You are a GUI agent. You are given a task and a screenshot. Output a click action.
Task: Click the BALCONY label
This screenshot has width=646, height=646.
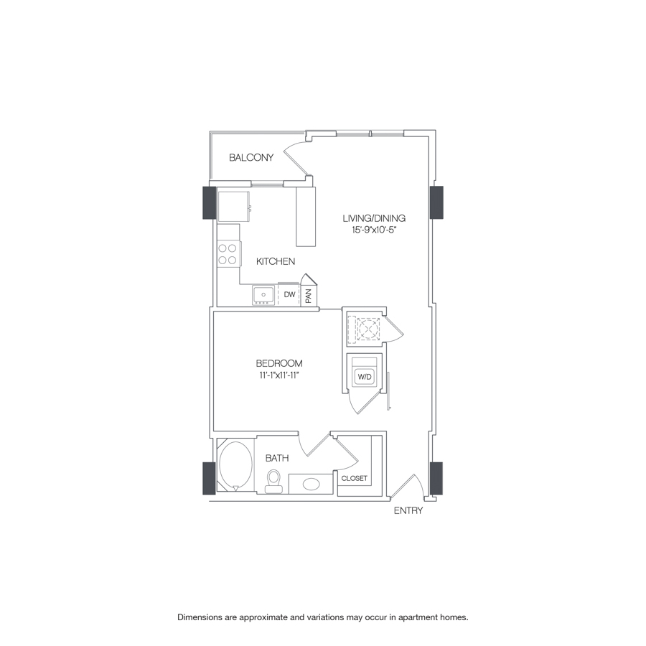pyautogui.click(x=251, y=157)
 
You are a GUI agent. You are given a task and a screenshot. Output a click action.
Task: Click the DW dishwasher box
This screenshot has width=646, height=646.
pyautogui.click(x=289, y=294)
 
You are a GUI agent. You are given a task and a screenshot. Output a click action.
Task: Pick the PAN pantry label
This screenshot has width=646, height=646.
pyautogui.click(x=308, y=295)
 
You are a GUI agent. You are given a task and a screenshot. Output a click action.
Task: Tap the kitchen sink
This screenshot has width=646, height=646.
pyautogui.click(x=263, y=294)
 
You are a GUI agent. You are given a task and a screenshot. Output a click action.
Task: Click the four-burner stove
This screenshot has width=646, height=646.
pyautogui.click(x=228, y=254)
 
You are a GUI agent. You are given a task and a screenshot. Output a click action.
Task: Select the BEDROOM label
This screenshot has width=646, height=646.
pyautogui.click(x=279, y=363)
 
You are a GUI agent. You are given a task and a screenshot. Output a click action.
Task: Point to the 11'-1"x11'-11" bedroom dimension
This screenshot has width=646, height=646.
pyautogui.click(x=280, y=375)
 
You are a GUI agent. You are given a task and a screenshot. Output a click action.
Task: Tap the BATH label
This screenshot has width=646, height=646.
pyautogui.click(x=276, y=457)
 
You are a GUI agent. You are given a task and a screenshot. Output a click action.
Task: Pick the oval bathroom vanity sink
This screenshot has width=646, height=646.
pyautogui.click(x=312, y=484)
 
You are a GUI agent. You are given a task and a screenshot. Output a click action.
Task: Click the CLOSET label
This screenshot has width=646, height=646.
pyautogui.click(x=354, y=478)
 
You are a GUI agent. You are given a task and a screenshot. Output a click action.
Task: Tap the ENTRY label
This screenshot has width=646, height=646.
pyautogui.click(x=408, y=511)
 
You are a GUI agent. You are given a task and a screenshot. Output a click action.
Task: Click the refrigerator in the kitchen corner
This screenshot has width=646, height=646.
pyautogui.click(x=233, y=205)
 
